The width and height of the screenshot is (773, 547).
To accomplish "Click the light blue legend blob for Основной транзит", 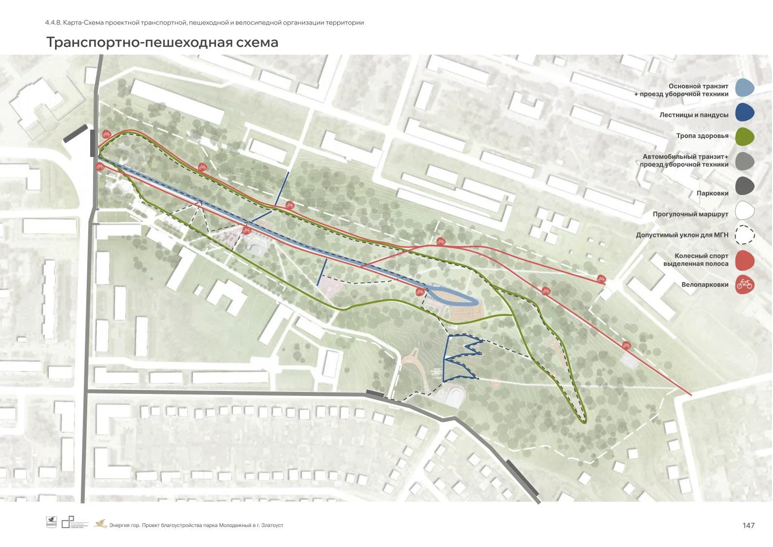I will pyautogui.click(x=744, y=88).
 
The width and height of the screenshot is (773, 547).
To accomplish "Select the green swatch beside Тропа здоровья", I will pyautogui.click(x=744, y=137).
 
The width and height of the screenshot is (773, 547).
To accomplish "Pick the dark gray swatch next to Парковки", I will pyautogui.click(x=744, y=185).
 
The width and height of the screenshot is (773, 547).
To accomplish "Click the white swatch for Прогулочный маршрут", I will pyautogui.click(x=744, y=211).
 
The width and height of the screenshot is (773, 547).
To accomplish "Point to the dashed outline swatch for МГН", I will pyautogui.click(x=744, y=235).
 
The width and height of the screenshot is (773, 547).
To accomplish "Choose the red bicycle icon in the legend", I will pyautogui.click(x=744, y=284).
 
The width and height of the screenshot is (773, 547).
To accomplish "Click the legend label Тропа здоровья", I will pyautogui.click(x=702, y=136).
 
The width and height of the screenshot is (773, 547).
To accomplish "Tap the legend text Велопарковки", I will pyautogui.click(x=705, y=285).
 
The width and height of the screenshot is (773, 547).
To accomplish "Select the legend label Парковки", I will pyautogui.click(x=712, y=194).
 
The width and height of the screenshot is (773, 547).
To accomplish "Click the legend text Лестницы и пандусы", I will pyautogui.click(x=694, y=115).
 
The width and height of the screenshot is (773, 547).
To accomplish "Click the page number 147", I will pyautogui.click(x=748, y=525).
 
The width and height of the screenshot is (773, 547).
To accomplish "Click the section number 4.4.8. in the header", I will pyautogui.click(x=53, y=22).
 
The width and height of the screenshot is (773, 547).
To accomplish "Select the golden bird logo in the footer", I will pyautogui.click(x=100, y=524).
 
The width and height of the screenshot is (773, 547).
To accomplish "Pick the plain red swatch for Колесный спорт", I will pyautogui.click(x=744, y=260).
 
